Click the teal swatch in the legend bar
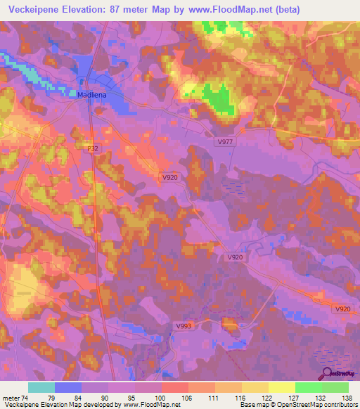(x=41, y=387)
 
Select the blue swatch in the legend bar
(x=68, y=387)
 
